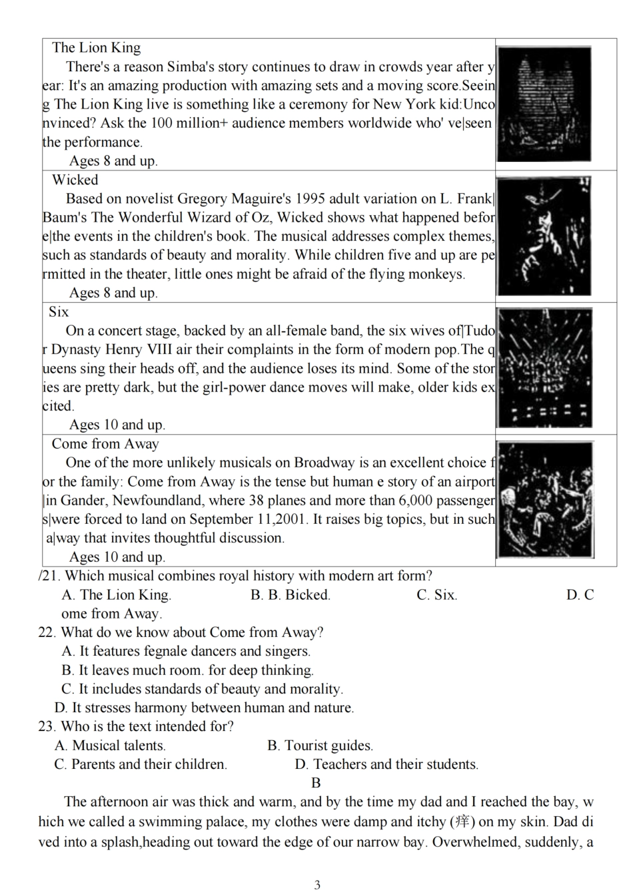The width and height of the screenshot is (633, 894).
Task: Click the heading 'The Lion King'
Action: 96,47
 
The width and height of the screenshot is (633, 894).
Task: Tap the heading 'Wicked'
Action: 75,180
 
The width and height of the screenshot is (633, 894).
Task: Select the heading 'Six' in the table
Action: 59,312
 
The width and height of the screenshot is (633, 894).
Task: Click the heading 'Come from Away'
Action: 105,444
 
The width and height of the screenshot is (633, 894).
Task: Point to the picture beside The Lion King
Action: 544,104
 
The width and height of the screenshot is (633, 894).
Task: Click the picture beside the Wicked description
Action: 544,236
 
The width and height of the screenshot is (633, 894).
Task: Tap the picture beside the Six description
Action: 544,368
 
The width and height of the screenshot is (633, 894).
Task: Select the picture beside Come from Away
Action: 545,501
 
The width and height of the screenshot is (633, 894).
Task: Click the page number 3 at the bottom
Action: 317,885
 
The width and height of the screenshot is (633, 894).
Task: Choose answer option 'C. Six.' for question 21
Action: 437,595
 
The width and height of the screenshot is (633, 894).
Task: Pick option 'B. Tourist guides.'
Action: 320,746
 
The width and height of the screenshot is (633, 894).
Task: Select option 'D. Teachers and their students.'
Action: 386,764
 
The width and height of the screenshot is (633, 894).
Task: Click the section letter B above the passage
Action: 316,783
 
